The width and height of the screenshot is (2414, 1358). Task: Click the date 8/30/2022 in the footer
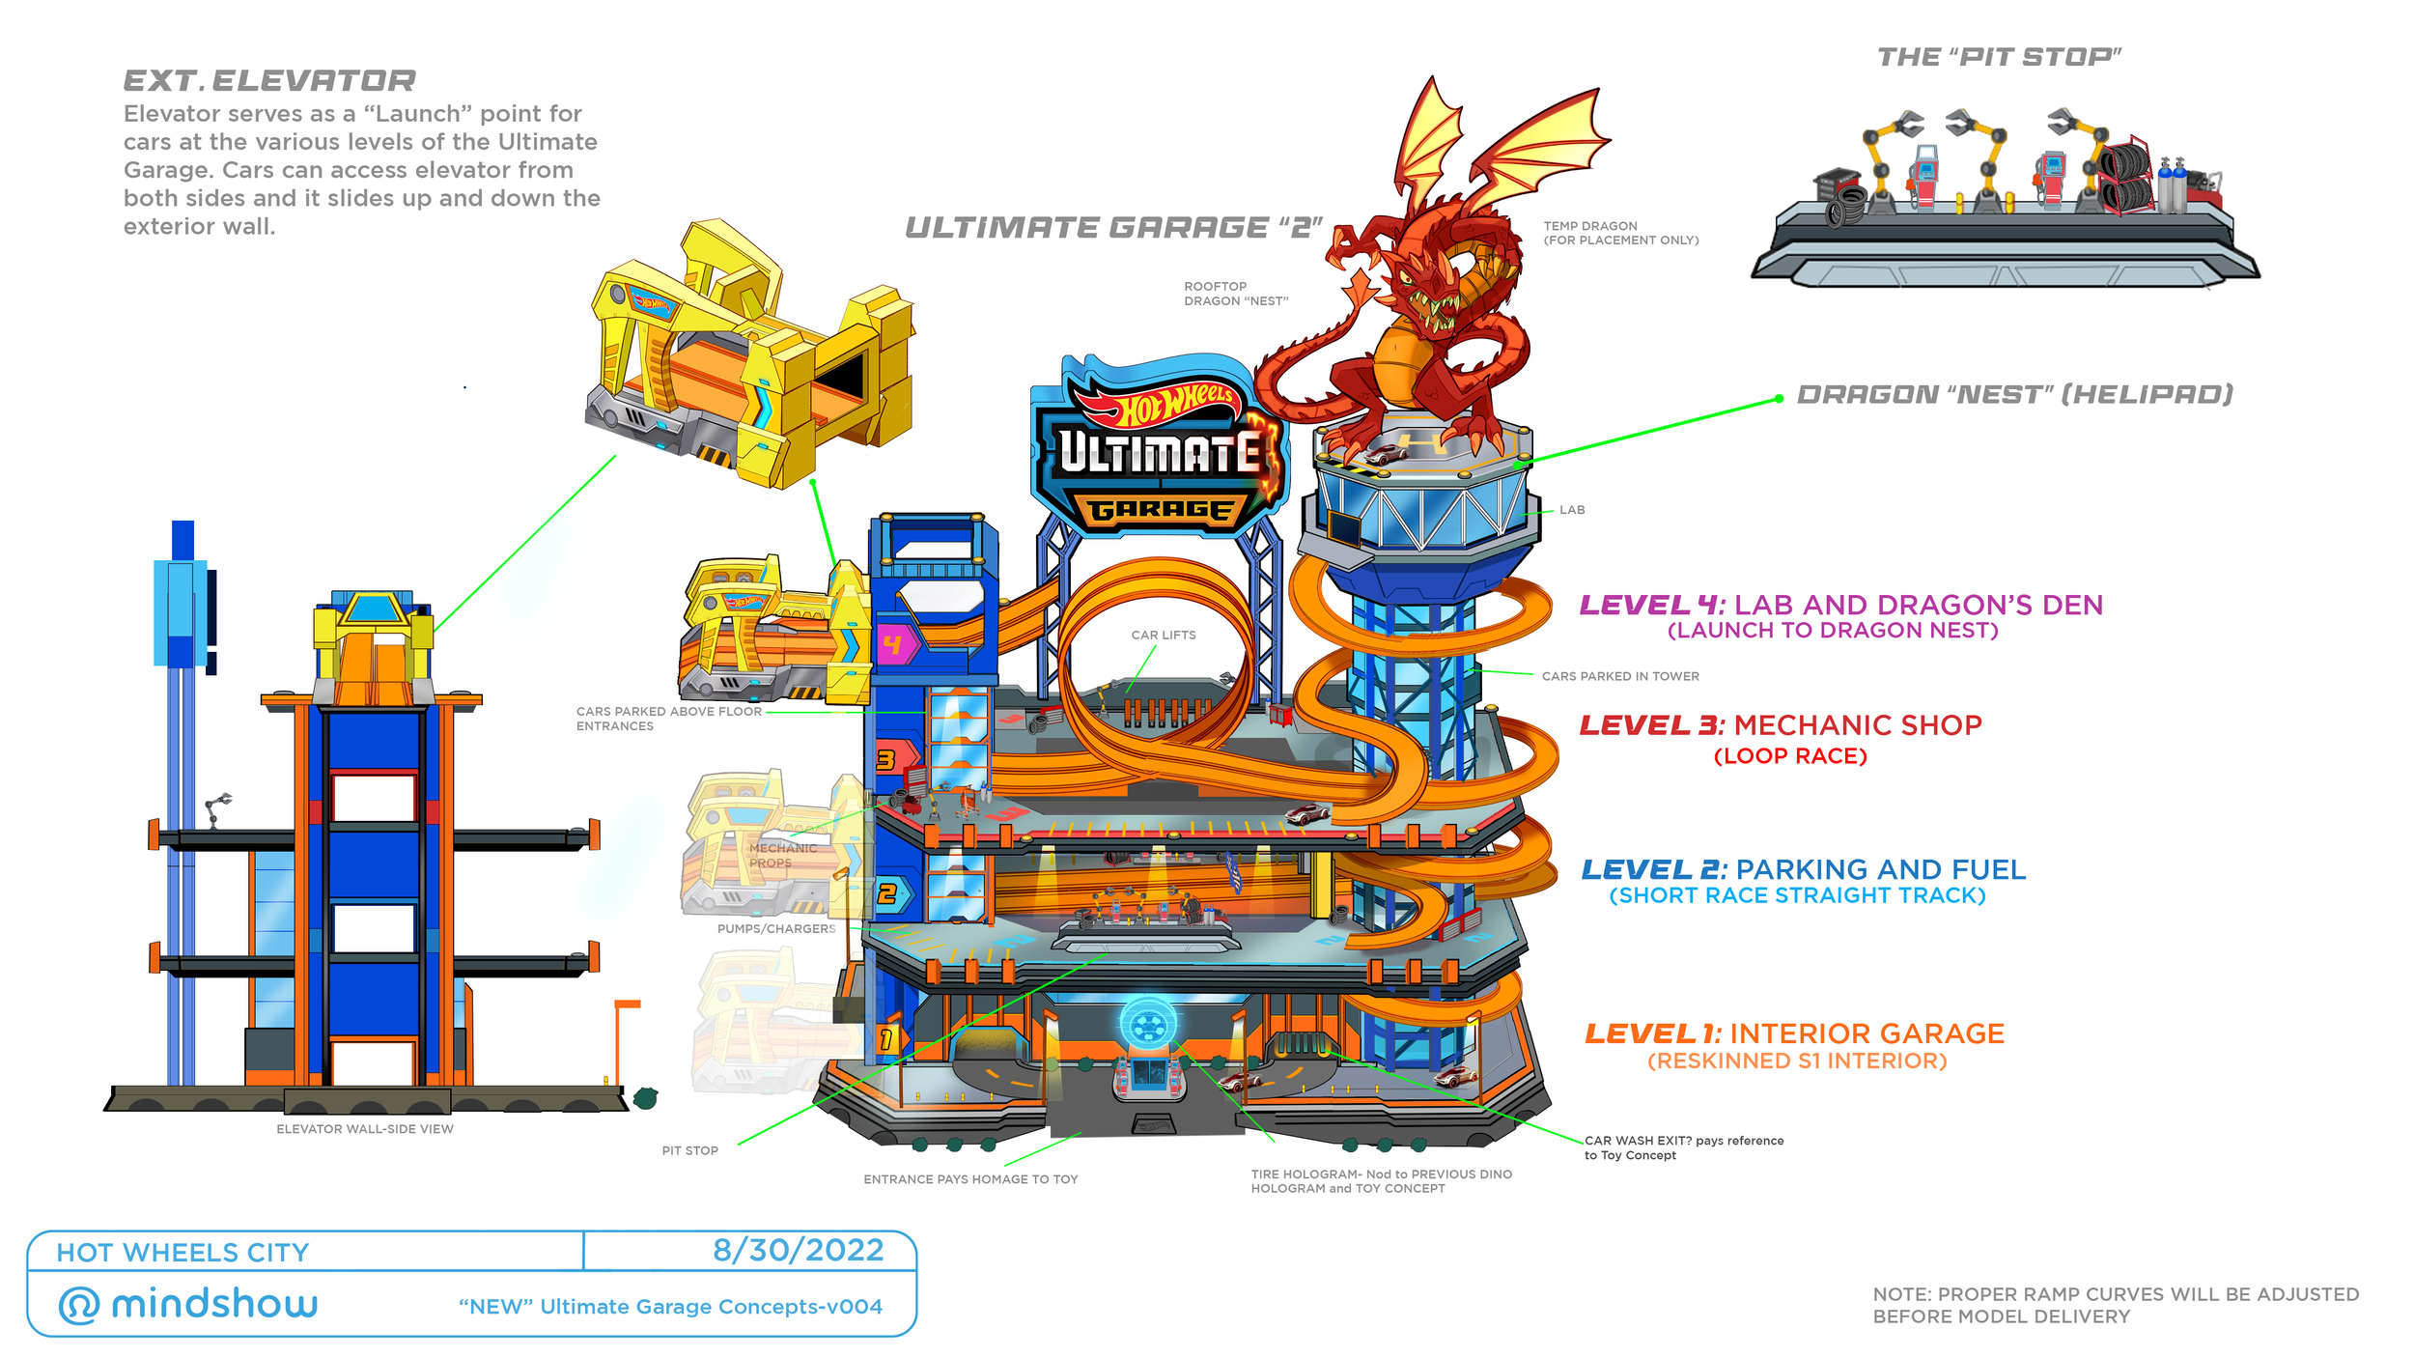(x=798, y=1250)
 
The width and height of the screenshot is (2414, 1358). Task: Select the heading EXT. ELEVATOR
(x=269, y=81)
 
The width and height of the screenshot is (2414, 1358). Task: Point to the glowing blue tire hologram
(x=1147, y=1025)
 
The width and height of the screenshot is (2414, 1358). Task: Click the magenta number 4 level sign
(x=892, y=644)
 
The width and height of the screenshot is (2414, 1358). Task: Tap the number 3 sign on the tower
(x=885, y=760)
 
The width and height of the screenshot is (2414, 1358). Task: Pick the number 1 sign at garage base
(x=885, y=1039)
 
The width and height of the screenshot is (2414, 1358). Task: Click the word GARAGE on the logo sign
(x=1160, y=509)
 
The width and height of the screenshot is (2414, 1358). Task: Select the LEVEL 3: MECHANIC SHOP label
(x=1780, y=725)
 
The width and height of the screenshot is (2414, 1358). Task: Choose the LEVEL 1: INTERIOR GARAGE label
(x=1794, y=1033)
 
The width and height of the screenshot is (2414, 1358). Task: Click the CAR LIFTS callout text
(x=1163, y=635)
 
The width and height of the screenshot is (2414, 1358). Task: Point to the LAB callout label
(x=1571, y=510)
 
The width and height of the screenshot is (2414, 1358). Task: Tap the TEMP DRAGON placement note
(x=1620, y=233)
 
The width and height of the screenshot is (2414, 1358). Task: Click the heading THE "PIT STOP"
(x=1998, y=57)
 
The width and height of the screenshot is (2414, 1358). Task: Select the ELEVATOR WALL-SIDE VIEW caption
(x=364, y=1128)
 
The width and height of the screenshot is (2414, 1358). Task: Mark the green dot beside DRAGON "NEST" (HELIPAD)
(x=1779, y=399)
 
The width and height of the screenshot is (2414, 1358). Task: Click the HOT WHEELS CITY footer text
(x=182, y=1253)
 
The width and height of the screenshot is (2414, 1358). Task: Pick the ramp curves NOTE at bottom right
(x=2115, y=1305)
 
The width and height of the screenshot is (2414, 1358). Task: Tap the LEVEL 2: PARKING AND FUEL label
(x=1802, y=870)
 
